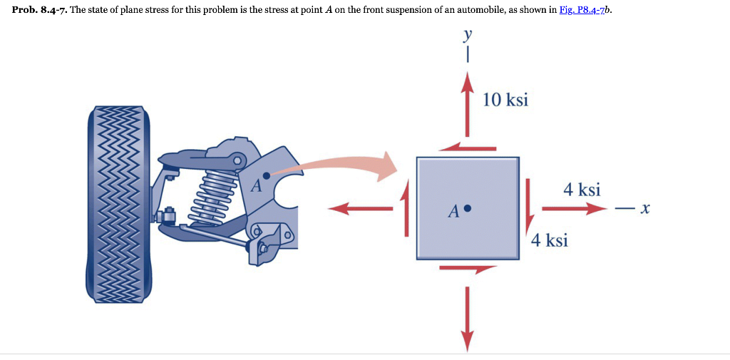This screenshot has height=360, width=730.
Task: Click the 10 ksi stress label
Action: [x=505, y=99]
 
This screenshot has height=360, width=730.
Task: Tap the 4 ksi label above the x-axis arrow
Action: [x=581, y=190]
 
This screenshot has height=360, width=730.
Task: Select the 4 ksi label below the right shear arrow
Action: [x=549, y=240]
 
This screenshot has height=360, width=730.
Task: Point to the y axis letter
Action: [x=468, y=36]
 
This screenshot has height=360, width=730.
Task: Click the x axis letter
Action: [x=645, y=210]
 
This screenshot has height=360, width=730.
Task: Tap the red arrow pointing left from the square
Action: [x=360, y=209]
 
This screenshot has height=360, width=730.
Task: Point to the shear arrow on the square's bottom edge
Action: [x=468, y=269]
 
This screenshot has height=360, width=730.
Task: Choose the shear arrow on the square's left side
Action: [x=406, y=208]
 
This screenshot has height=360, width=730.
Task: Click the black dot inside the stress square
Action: [x=468, y=209]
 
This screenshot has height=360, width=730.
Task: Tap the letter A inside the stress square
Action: [x=453, y=212]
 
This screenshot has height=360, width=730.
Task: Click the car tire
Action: [x=118, y=207]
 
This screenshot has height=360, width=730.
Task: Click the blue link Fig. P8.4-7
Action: [x=583, y=14]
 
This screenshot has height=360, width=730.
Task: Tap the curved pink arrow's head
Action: [x=388, y=166]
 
